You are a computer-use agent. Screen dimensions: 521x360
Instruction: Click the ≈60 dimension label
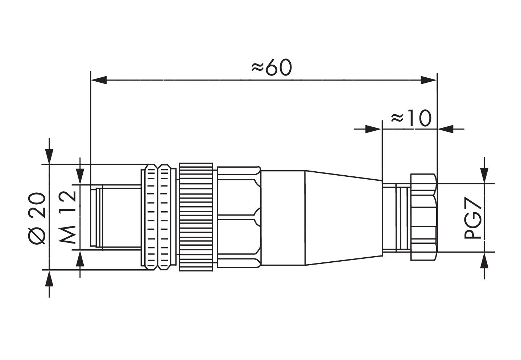(x=272, y=67)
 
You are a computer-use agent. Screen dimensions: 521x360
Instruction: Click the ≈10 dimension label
(x=411, y=118)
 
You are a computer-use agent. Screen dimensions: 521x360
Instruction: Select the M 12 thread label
(x=67, y=217)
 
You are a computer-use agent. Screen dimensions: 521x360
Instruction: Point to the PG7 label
(x=473, y=218)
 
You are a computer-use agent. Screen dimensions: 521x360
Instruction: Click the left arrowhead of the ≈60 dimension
(x=99, y=80)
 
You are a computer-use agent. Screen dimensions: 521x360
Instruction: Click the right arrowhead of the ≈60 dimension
(x=429, y=80)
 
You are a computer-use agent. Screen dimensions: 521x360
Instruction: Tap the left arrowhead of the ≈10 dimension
(x=373, y=129)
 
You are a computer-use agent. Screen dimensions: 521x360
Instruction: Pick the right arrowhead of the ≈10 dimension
(x=446, y=129)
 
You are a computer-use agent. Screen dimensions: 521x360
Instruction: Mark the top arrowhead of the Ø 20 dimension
(x=49, y=156)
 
